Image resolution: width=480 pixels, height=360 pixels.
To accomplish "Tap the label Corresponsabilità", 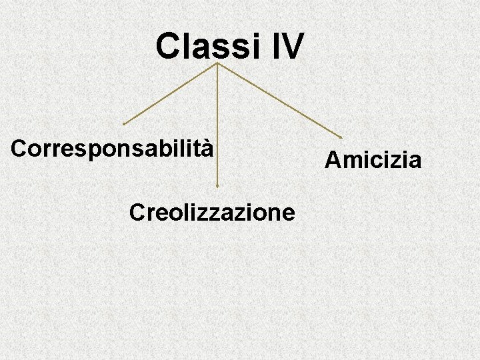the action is (x=113, y=148).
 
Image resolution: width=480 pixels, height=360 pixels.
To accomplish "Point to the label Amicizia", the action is (x=373, y=160).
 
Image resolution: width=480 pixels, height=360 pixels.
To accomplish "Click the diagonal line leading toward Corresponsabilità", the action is (x=171, y=94).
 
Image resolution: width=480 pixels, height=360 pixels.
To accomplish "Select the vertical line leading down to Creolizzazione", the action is (x=217, y=127).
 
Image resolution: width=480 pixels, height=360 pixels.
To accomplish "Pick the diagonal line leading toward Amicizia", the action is (x=280, y=101).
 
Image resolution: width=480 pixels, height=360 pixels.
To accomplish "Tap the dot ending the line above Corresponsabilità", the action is (x=124, y=124).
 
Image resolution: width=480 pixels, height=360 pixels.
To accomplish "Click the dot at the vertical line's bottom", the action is (x=217, y=186).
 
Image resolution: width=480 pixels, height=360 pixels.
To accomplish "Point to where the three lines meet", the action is (x=217, y=64).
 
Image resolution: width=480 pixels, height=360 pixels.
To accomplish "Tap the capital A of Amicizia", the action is (x=331, y=160).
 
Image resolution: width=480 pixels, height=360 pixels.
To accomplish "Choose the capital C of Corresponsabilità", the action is (x=19, y=148).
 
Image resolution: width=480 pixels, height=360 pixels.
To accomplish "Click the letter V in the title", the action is (x=293, y=47).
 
